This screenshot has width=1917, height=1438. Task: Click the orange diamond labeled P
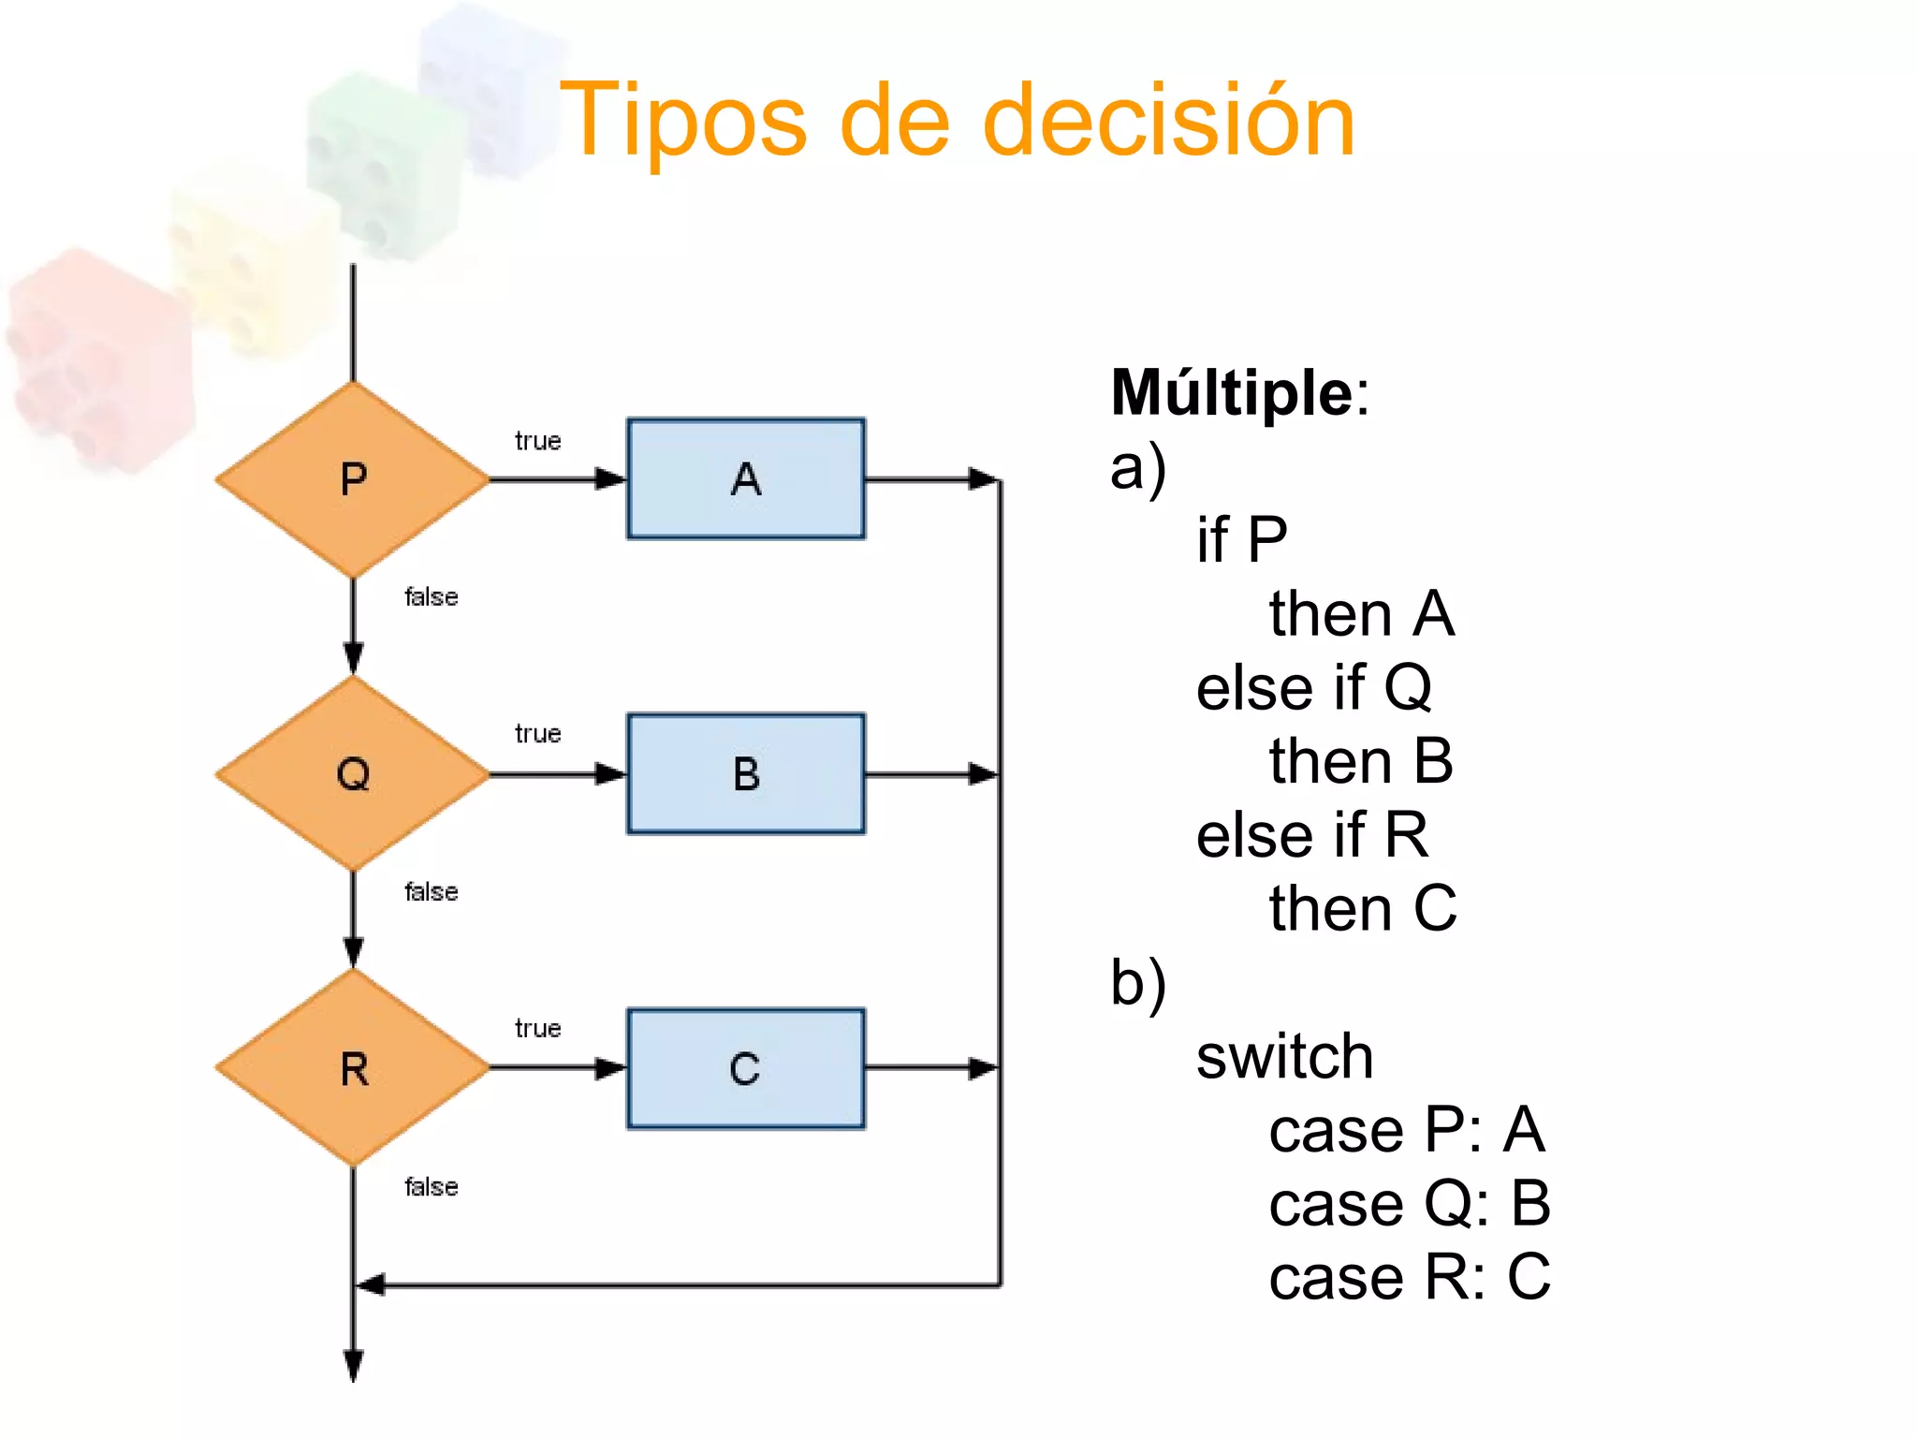tap(353, 479)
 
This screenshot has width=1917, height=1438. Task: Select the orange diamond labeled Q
tap(353, 774)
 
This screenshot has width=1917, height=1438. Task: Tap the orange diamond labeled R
tap(353, 1068)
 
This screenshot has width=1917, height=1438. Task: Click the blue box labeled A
tap(746, 479)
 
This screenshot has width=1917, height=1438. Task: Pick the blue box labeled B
tap(746, 774)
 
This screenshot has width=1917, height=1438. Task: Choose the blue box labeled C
tap(746, 1068)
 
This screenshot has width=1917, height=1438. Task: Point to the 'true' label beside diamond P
tap(537, 441)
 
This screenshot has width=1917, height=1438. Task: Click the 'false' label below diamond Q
tap(431, 892)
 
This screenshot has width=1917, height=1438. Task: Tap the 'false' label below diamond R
tap(431, 1187)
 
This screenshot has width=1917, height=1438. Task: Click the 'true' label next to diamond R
tap(537, 1028)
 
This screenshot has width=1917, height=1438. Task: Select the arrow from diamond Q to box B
tap(558, 774)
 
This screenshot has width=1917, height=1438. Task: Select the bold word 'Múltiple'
tap(1232, 393)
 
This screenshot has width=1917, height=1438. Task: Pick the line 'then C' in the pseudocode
tap(1362, 908)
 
